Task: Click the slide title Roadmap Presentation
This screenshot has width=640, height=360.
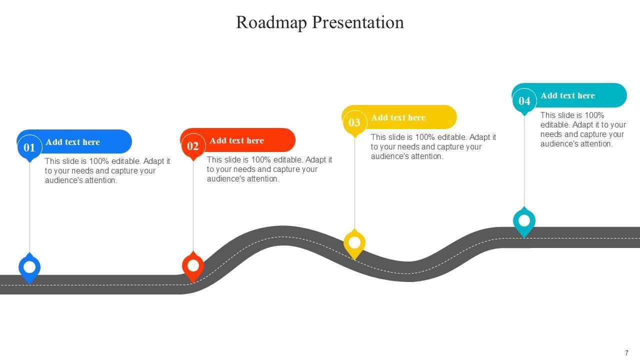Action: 319,22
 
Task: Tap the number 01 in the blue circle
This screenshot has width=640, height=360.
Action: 29,148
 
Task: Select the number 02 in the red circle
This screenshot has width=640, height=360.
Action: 193,146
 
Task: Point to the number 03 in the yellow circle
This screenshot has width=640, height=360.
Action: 354,123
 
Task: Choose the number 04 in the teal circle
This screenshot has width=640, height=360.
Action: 524,101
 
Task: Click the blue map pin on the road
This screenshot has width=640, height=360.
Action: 29,267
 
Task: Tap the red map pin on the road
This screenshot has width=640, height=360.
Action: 193,266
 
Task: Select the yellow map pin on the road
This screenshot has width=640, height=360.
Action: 354,243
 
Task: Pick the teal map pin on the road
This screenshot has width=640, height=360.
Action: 524,221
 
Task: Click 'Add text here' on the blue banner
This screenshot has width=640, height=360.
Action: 72,142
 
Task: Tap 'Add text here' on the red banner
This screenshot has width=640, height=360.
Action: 236,141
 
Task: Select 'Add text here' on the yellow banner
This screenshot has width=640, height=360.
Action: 398,118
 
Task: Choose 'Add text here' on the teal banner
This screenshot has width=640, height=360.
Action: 567,96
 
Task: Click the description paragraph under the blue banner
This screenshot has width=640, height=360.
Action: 107,171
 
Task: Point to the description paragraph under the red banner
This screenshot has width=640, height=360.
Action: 269,169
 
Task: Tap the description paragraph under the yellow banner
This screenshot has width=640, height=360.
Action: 433,146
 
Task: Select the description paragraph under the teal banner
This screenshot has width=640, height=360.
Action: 583,129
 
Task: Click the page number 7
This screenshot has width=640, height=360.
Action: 626,353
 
